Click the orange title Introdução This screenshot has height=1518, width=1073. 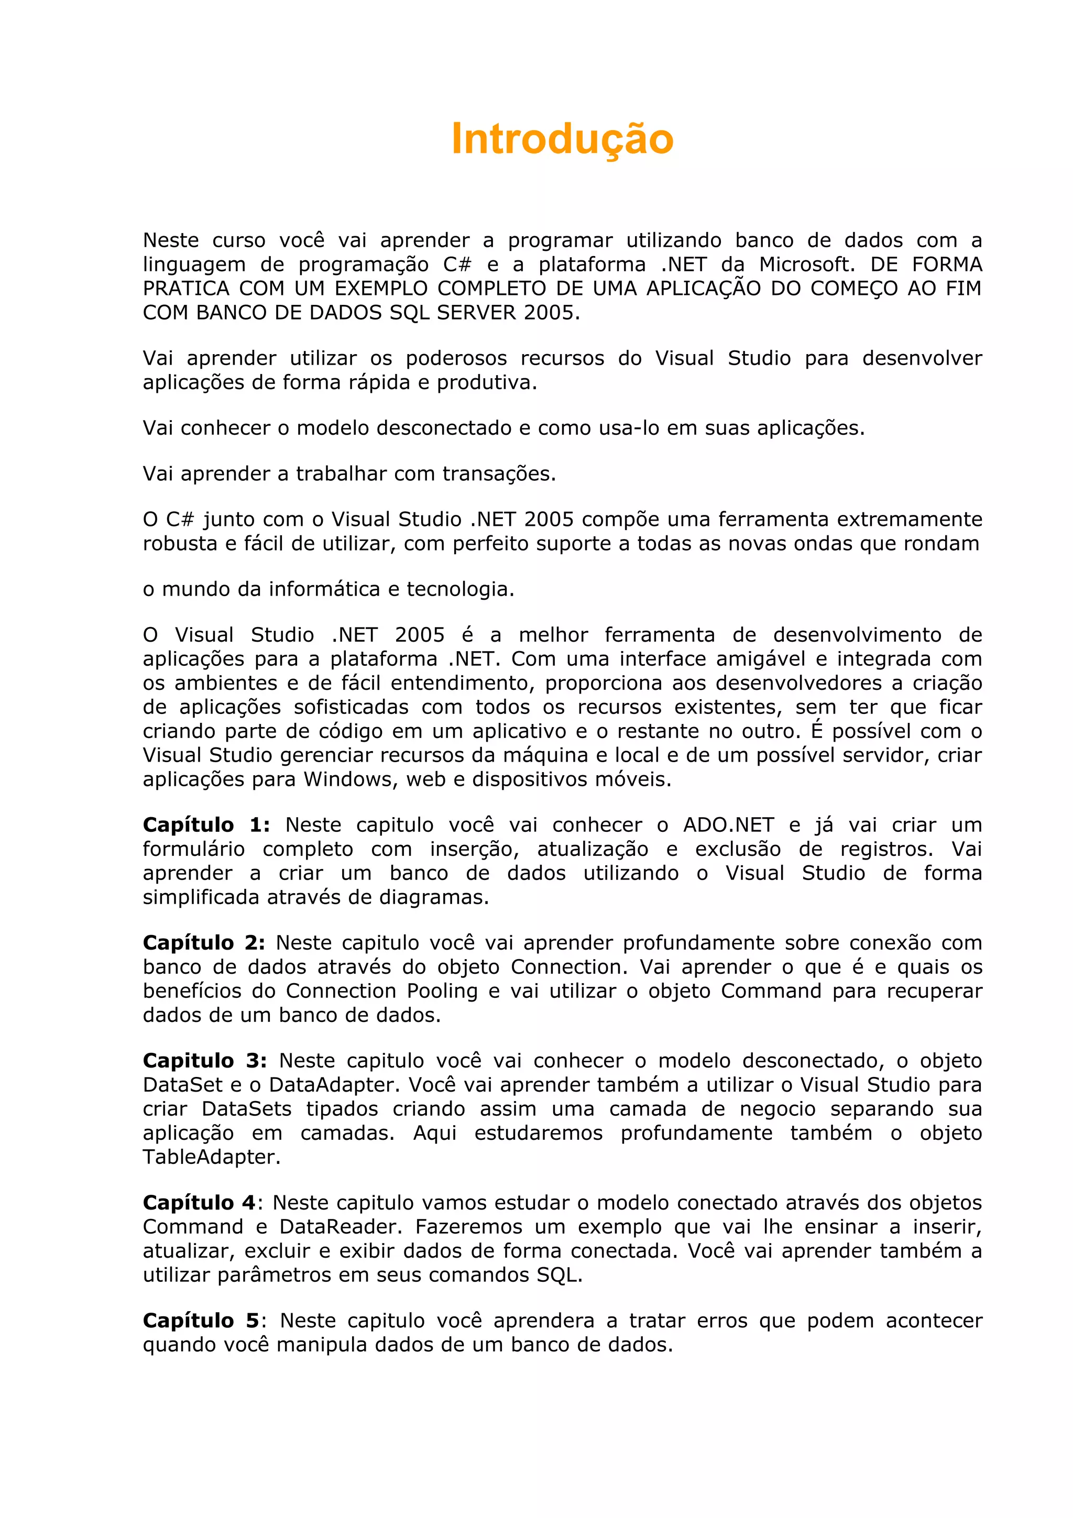(562, 139)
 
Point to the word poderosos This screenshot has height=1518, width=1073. (456, 358)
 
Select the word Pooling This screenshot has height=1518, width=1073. (442, 991)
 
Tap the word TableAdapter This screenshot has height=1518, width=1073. (212, 1157)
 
